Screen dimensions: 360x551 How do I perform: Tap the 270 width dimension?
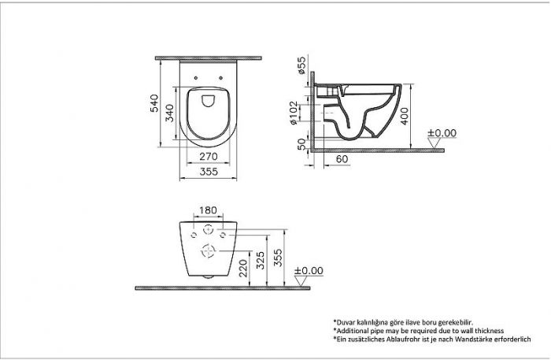[207, 157]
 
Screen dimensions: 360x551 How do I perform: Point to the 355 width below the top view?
[207, 171]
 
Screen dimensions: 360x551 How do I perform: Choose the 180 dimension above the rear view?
[207, 210]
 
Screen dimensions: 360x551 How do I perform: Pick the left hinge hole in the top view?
[194, 77]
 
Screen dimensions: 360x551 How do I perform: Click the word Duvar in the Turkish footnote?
[347, 322]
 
